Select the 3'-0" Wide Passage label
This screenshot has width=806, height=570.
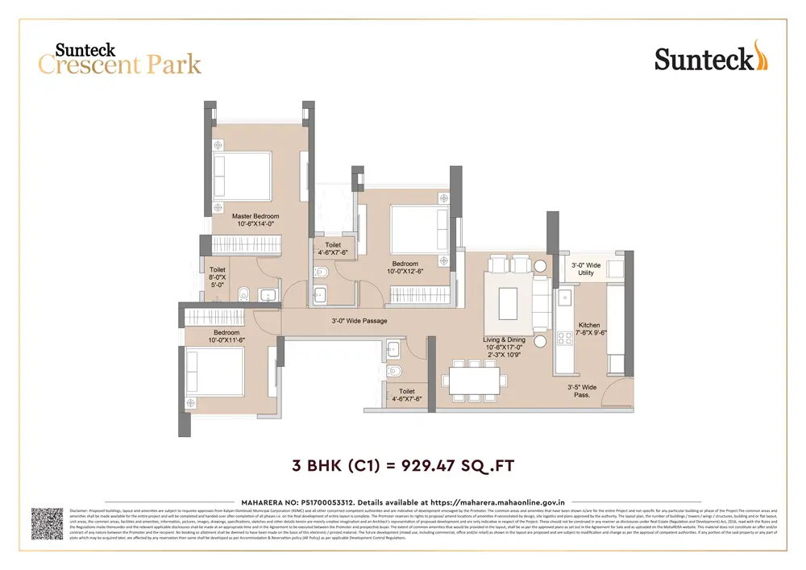click(359, 321)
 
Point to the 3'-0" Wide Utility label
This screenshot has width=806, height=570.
click(586, 269)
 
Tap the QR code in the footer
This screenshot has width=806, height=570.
click(47, 523)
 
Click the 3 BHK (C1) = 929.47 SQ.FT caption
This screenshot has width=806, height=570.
click(402, 465)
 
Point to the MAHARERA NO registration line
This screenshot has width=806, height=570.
click(402, 501)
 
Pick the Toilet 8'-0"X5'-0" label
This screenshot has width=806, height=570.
click(218, 277)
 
